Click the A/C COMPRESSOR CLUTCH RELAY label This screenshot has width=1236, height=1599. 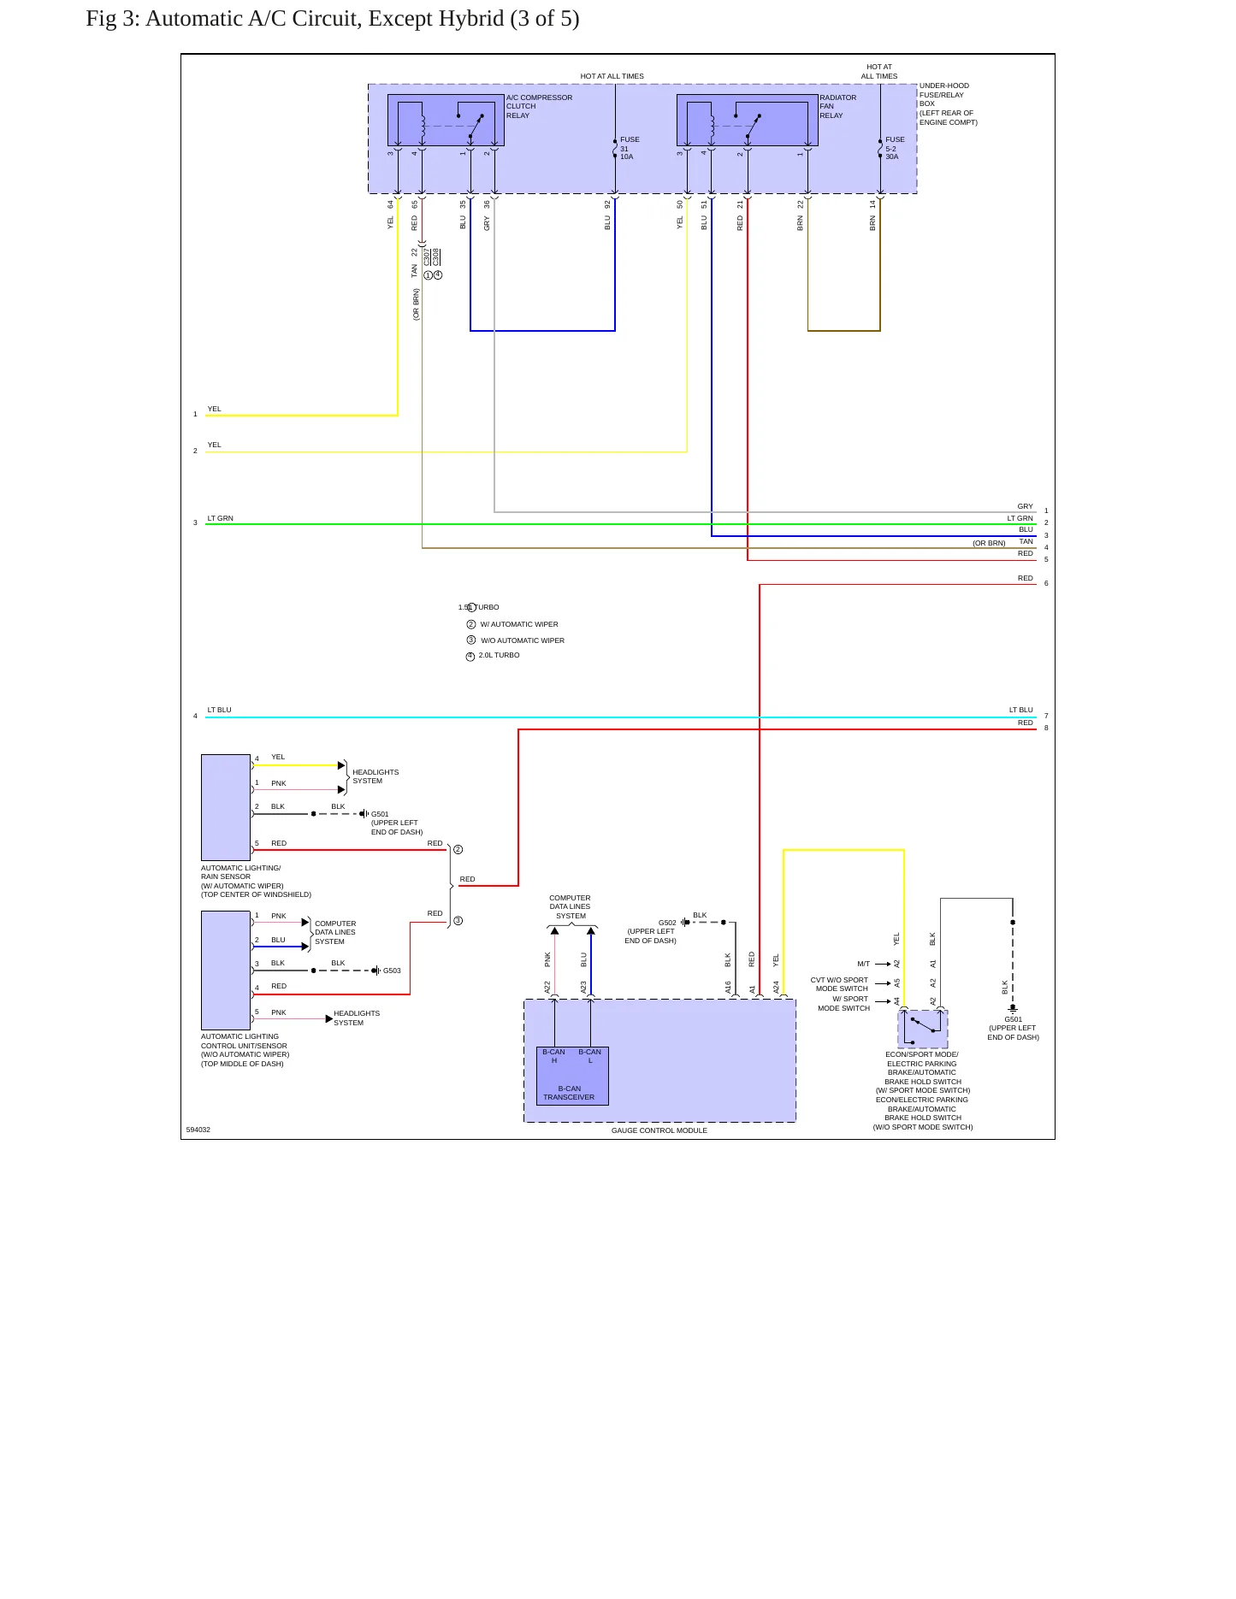pyautogui.click(x=539, y=107)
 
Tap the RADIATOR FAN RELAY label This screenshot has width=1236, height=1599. pyautogui.click(x=837, y=107)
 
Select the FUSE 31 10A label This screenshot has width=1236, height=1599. pyautogui.click(x=630, y=148)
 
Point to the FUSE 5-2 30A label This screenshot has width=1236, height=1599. pyautogui.click(x=895, y=148)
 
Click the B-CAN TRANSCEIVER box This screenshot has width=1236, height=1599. pyautogui.click(x=572, y=1076)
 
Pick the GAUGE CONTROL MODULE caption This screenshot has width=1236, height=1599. pyautogui.click(x=659, y=1130)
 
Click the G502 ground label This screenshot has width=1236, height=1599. pyautogui.click(x=667, y=923)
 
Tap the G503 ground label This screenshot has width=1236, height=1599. pyautogui.click(x=392, y=971)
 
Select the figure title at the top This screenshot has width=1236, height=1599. pyautogui.click(x=333, y=19)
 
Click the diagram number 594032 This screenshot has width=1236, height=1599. pyautogui.click(x=198, y=1130)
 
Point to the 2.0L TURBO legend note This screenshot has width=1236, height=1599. pyautogui.click(x=499, y=655)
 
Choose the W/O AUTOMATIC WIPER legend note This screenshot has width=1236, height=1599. pyautogui.click(x=523, y=640)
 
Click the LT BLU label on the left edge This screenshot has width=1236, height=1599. pyautogui.click(x=219, y=710)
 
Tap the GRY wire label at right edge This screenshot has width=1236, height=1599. pyautogui.click(x=1025, y=506)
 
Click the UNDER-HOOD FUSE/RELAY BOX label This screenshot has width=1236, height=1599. pyautogui.click(x=948, y=104)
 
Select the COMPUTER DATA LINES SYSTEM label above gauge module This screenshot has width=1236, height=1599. pyautogui.click(x=571, y=906)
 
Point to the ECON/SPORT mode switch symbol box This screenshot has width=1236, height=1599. pyautogui.click(x=923, y=1029)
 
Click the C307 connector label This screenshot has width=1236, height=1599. pyautogui.click(x=427, y=257)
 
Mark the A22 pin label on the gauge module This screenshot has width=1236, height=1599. pyautogui.click(x=547, y=987)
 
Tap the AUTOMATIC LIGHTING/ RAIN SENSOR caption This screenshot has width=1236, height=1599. pyautogui.click(x=240, y=872)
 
